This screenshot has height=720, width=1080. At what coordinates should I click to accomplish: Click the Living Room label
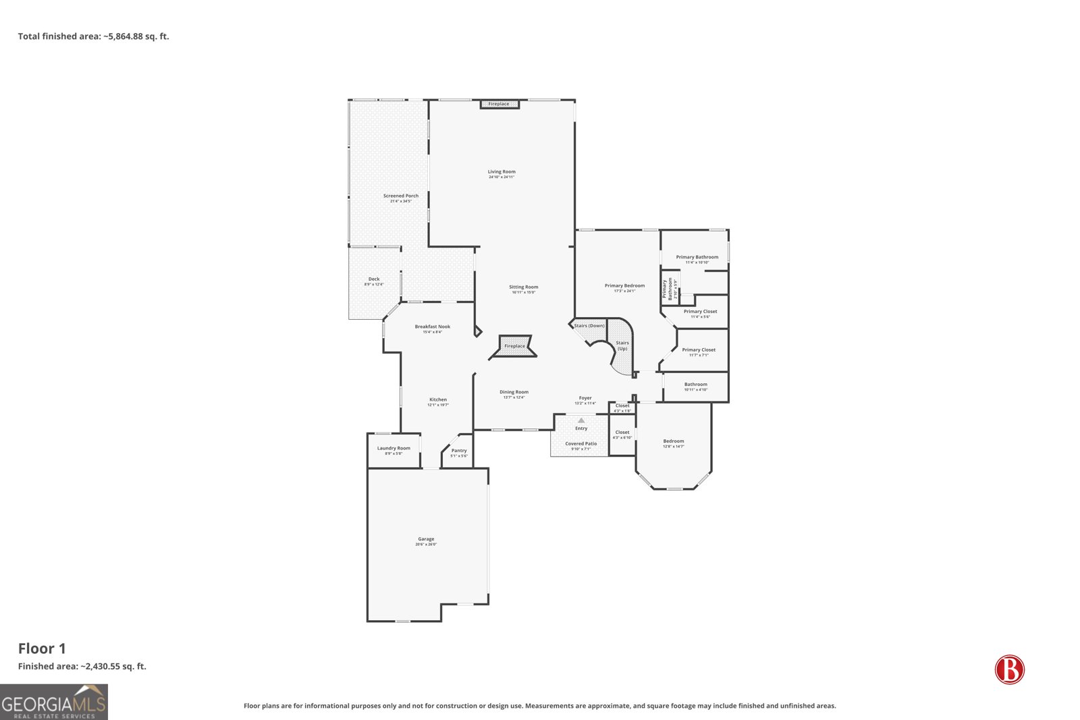pyautogui.click(x=502, y=172)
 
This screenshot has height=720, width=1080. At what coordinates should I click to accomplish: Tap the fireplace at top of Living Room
pyautogui.click(x=500, y=104)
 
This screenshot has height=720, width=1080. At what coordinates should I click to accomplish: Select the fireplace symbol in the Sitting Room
pyautogui.click(x=514, y=346)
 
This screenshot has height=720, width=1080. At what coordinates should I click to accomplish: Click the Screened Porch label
pyautogui.click(x=401, y=196)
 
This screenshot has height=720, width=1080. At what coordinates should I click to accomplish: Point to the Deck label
pyautogui.click(x=374, y=279)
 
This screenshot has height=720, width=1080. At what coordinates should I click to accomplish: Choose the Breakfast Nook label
pyautogui.click(x=433, y=327)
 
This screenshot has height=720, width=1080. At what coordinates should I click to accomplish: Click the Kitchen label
pyautogui.click(x=438, y=400)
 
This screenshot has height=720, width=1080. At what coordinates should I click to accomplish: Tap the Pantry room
pyautogui.click(x=459, y=451)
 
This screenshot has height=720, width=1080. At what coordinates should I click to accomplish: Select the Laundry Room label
pyautogui.click(x=394, y=449)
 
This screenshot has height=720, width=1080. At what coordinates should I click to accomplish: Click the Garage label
pyautogui.click(x=426, y=540)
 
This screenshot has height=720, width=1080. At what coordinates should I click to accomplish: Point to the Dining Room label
pyautogui.click(x=514, y=393)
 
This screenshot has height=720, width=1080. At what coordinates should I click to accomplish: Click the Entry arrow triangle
pyautogui.click(x=581, y=420)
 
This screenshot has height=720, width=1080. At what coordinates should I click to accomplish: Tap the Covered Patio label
pyautogui.click(x=580, y=444)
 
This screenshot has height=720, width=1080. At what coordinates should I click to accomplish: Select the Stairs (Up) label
pyautogui.click(x=622, y=345)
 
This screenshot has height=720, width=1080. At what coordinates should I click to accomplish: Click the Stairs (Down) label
pyautogui.click(x=589, y=326)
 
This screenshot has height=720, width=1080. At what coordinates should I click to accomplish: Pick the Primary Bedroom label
pyautogui.click(x=624, y=286)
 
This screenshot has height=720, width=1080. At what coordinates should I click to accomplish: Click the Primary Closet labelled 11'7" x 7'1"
pyautogui.click(x=699, y=350)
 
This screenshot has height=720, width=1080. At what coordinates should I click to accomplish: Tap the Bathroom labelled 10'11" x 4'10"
pyautogui.click(x=696, y=385)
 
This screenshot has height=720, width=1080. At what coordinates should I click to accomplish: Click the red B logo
pyautogui.click(x=1009, y=669)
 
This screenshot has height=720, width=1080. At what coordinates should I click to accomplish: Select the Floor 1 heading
pyautogui.click(x=42, y=648)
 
